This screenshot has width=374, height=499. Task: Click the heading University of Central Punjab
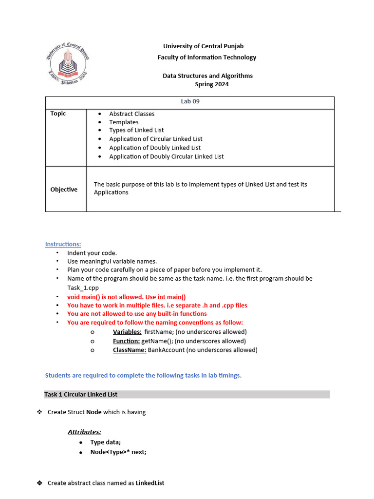[x=203, y=46]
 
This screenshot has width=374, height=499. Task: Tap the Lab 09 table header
[x=190, y=102]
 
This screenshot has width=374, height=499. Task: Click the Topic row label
[x=58, y=114]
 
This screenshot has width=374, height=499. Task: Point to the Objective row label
[x=64, y=190]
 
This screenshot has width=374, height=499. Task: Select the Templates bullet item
[x=124, y=122]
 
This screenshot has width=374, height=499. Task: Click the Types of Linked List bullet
[x=136, y=130]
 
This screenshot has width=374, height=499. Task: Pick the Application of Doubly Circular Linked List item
[x=166, y=156]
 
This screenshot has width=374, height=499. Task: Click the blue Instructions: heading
[x=63, y=244]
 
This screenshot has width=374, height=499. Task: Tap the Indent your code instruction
[x=92, y=253]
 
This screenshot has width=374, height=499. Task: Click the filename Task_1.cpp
[x=83, y=288]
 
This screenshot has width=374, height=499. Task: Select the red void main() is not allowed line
[x=127, y=297]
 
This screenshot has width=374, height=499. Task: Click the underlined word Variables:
[x=127, y=332]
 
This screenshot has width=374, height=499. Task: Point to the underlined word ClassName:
[x=130, y=350]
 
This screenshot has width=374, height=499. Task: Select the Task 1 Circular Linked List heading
[x=81, y=394]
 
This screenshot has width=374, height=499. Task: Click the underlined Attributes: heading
[x=84, y=432]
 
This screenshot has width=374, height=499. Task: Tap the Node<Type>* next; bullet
[x=118, y=452]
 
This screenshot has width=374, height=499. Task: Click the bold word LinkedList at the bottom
[x=150, y=483]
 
